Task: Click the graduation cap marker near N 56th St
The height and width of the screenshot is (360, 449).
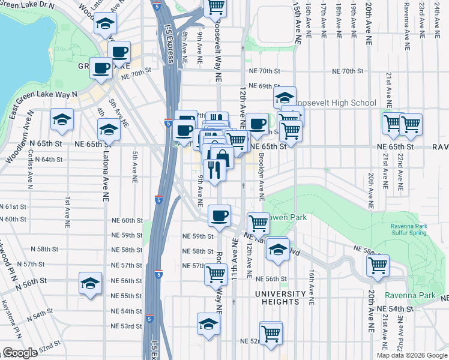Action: pos(90,283)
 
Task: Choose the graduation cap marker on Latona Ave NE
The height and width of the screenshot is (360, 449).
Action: pos(109,128)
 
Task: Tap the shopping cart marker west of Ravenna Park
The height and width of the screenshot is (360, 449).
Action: pos(378,265)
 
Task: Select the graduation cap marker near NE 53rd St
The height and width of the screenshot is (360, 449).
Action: pos(208,324)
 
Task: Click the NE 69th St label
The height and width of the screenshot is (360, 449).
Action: pos(265,86)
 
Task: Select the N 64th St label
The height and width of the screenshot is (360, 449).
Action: pos(49,160)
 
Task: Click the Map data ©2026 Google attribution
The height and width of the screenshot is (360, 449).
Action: pos(411,355)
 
